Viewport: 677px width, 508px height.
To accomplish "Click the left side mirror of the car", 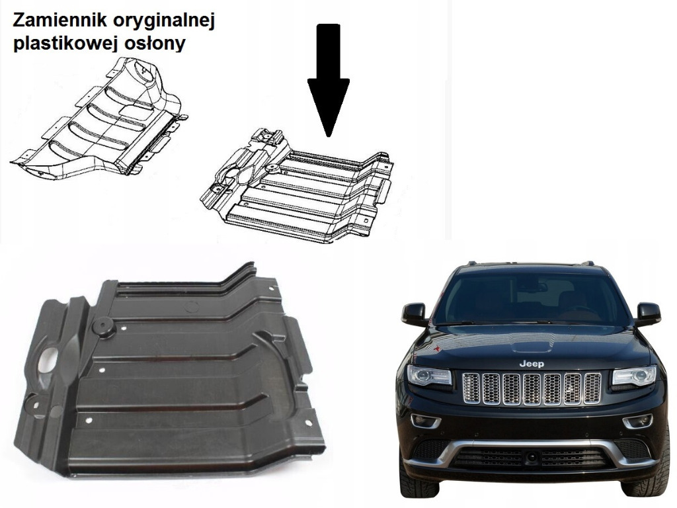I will click(415, 314).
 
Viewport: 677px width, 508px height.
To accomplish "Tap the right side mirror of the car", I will click(647, 313).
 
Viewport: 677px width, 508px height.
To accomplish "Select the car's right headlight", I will click(633, 376).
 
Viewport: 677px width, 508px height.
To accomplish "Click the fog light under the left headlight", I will click(425, 421).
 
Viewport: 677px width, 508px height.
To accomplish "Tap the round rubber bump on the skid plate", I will click(102, 326).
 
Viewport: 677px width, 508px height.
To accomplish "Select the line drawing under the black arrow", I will click(298, 185).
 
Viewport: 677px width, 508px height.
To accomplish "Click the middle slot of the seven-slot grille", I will click(532, 388).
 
